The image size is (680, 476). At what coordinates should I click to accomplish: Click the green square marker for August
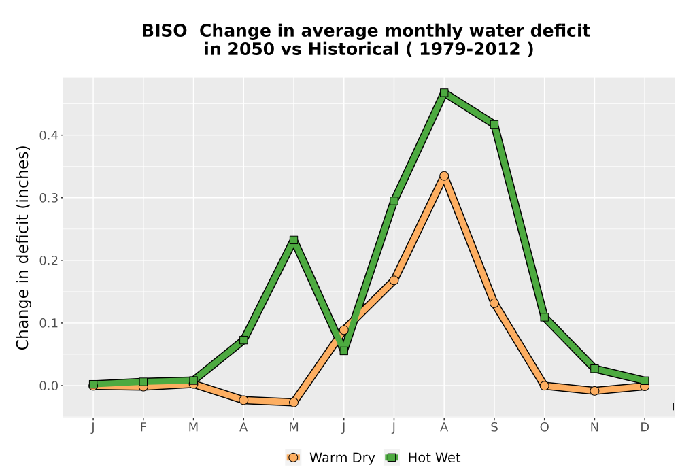[x=443, y=92]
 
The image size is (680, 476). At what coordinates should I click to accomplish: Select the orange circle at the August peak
[x=443, y=176]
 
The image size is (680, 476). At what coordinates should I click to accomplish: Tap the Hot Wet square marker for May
[x=294, y=240]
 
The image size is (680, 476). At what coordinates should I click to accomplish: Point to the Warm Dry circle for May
[x=294, y=403]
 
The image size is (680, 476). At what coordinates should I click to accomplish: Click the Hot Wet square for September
[x=494, y=124]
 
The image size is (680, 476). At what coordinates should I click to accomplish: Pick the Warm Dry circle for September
[x=494, y=303]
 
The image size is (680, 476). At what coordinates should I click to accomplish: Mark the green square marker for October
[x=544, y=317]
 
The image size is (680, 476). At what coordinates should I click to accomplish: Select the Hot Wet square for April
[x=243, y=340]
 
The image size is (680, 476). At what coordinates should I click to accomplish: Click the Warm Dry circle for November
[x=594, y=390]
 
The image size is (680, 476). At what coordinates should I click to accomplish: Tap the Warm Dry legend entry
[x=330, y=458]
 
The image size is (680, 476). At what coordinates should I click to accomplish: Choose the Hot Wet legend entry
[x=422, y=458]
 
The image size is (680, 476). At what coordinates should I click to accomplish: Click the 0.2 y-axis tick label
[x=48, y=260]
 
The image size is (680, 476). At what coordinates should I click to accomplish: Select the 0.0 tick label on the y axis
[x=48, y=386]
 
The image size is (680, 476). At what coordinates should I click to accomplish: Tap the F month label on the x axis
[x=143, y=428]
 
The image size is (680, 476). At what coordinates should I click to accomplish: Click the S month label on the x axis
[x=494, y=428]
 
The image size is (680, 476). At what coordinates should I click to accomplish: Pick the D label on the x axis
[x=645, y=428]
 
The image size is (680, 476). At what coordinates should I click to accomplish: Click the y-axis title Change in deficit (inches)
[x=22, y=248]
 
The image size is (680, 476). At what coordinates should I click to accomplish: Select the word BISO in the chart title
[x=165, y=31]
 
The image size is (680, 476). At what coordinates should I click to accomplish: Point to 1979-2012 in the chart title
[x=470, y=49]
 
